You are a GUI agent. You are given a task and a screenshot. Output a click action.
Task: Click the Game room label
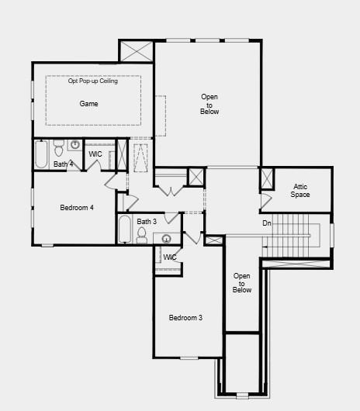tap(88, 103)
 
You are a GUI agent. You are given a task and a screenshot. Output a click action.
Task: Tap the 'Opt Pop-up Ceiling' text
tap(93, 81)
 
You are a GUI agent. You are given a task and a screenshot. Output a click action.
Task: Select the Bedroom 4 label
tap(77, 207)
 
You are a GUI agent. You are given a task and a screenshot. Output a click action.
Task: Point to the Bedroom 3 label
tap(186, 318)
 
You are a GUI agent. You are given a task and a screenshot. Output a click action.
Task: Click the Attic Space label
tap(300, 190)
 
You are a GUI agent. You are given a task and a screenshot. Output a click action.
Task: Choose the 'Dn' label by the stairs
tap(267, 223)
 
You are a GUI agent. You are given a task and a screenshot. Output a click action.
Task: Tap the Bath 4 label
tap(64, 164)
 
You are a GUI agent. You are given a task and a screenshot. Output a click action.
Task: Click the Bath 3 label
tap(147, 222)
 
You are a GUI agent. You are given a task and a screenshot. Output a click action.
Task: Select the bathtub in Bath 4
tap(41, 154)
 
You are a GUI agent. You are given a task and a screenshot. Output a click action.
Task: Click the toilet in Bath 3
tap(142, 236)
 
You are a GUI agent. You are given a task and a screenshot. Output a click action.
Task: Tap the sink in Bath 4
tap(75, 145)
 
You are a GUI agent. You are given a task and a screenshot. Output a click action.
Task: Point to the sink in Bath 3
tap(167, 237)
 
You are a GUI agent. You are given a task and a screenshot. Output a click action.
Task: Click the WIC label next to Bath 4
tap(95, 154)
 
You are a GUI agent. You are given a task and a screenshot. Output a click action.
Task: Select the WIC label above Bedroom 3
tap(170, 257)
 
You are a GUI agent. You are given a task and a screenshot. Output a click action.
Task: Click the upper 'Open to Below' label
tap(209, 104)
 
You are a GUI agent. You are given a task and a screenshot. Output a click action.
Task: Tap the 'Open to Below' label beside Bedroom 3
tap(242, 283)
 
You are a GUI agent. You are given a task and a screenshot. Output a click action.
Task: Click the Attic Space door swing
tap(265, 199)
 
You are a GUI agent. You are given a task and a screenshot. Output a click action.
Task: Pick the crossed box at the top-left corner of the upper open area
tap(137, 52)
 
